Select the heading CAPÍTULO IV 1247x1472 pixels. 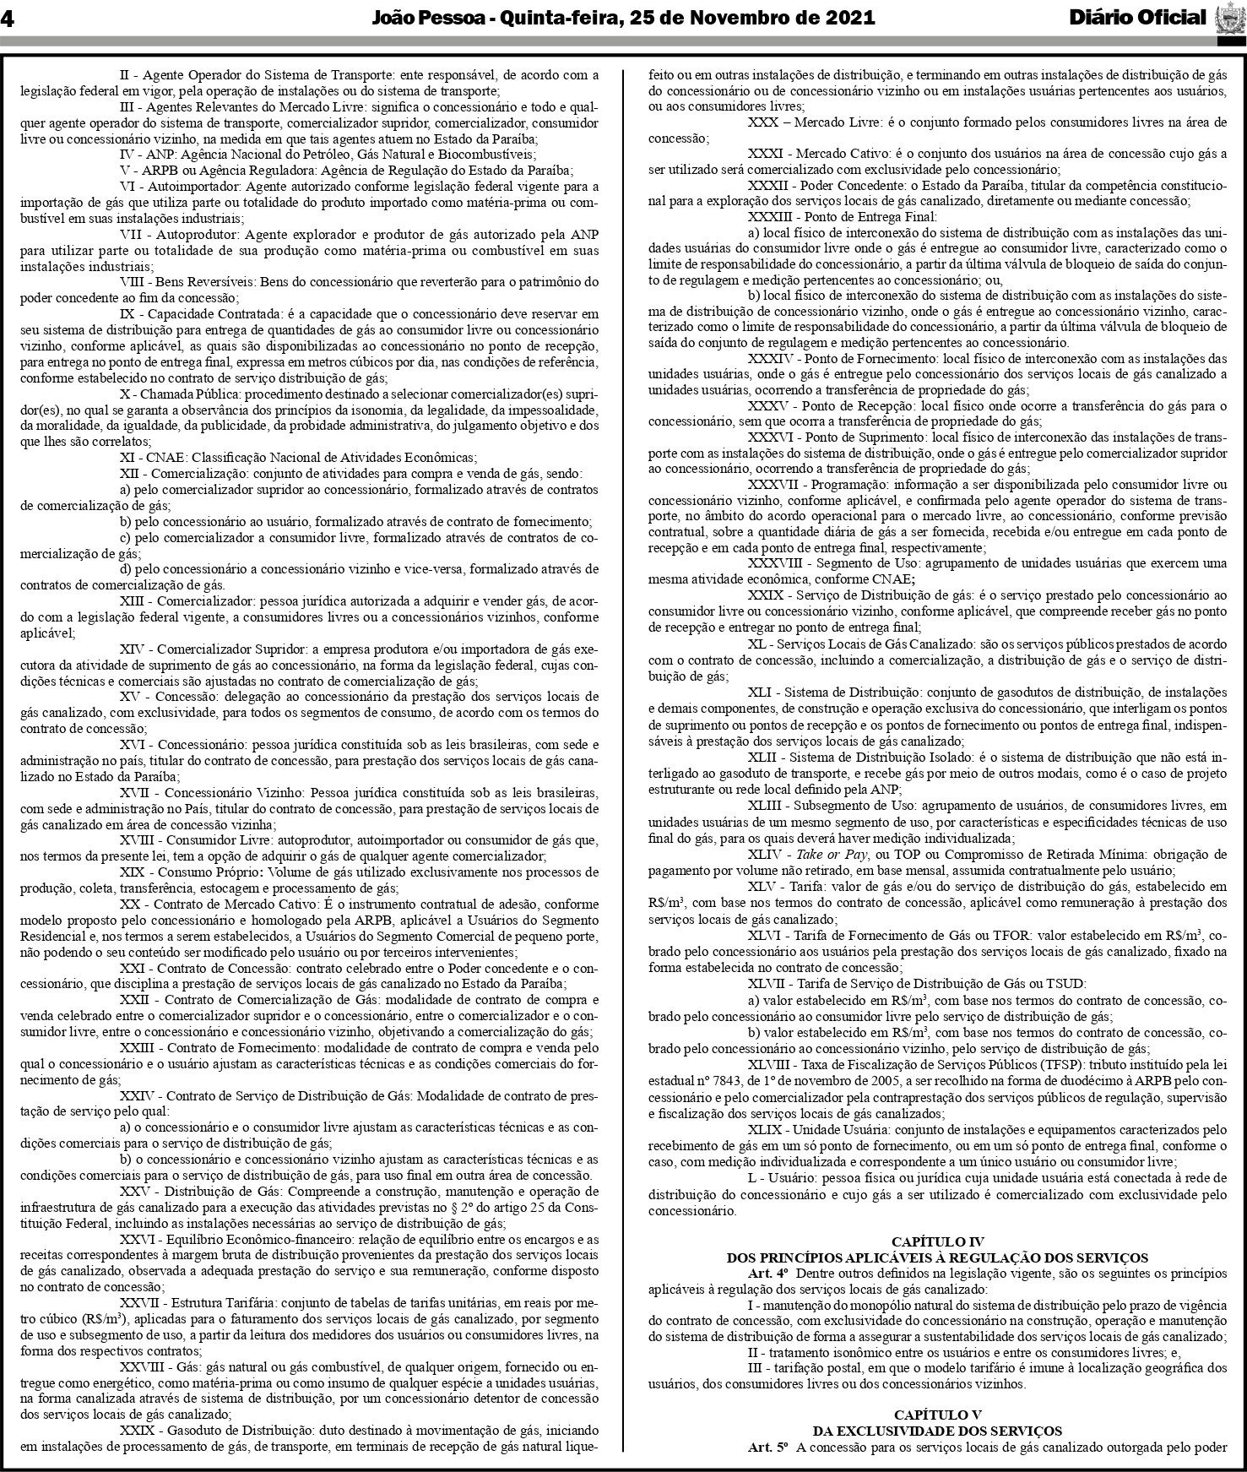tap(937, 1241)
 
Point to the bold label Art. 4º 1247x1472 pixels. tap(767, 1274)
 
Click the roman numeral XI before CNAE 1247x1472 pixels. tap(129, 458)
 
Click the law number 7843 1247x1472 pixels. tap(732, 1081)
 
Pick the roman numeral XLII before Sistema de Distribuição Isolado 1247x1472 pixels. tap(762, 759)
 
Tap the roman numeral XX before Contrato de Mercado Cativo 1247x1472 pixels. tap(129, 904)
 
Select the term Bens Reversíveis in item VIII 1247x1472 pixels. tap(205, 282)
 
